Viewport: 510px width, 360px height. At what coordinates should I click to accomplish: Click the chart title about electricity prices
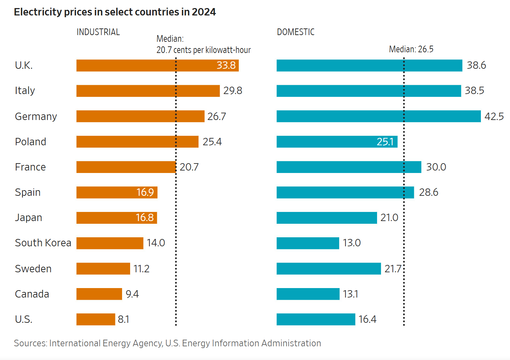point(115,12)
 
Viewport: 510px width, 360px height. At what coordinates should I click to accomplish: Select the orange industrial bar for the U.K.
point(144,66)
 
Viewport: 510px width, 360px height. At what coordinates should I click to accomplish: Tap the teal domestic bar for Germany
point(378,116)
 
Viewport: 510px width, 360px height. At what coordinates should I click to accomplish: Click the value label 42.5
point(494,116)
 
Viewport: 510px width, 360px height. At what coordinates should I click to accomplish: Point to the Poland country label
point(31,142)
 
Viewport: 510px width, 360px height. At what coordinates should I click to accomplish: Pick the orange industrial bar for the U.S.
point(95,319)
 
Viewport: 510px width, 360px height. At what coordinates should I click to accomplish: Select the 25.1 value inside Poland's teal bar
point(385,142)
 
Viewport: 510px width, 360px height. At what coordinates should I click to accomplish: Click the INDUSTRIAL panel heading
point(98,32)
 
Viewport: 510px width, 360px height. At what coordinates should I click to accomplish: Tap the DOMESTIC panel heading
point(295,32)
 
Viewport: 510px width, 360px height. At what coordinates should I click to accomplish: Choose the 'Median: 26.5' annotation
point(411,49)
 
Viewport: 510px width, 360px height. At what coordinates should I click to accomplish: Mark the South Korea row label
point(43,243)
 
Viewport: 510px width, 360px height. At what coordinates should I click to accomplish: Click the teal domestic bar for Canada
point(308,294)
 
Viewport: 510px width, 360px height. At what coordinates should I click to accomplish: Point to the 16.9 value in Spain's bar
point(145,192)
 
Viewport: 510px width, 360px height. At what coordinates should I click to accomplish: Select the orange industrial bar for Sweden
point(103,269)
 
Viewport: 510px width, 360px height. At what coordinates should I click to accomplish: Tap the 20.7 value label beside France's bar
point(189,167)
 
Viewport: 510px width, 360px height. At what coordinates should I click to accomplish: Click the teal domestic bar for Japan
point(326,218)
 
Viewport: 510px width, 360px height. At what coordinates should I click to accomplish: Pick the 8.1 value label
point(123,319)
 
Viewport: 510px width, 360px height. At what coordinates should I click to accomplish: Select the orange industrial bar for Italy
point(148,91)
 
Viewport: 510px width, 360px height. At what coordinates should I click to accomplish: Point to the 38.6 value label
point(476,66)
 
